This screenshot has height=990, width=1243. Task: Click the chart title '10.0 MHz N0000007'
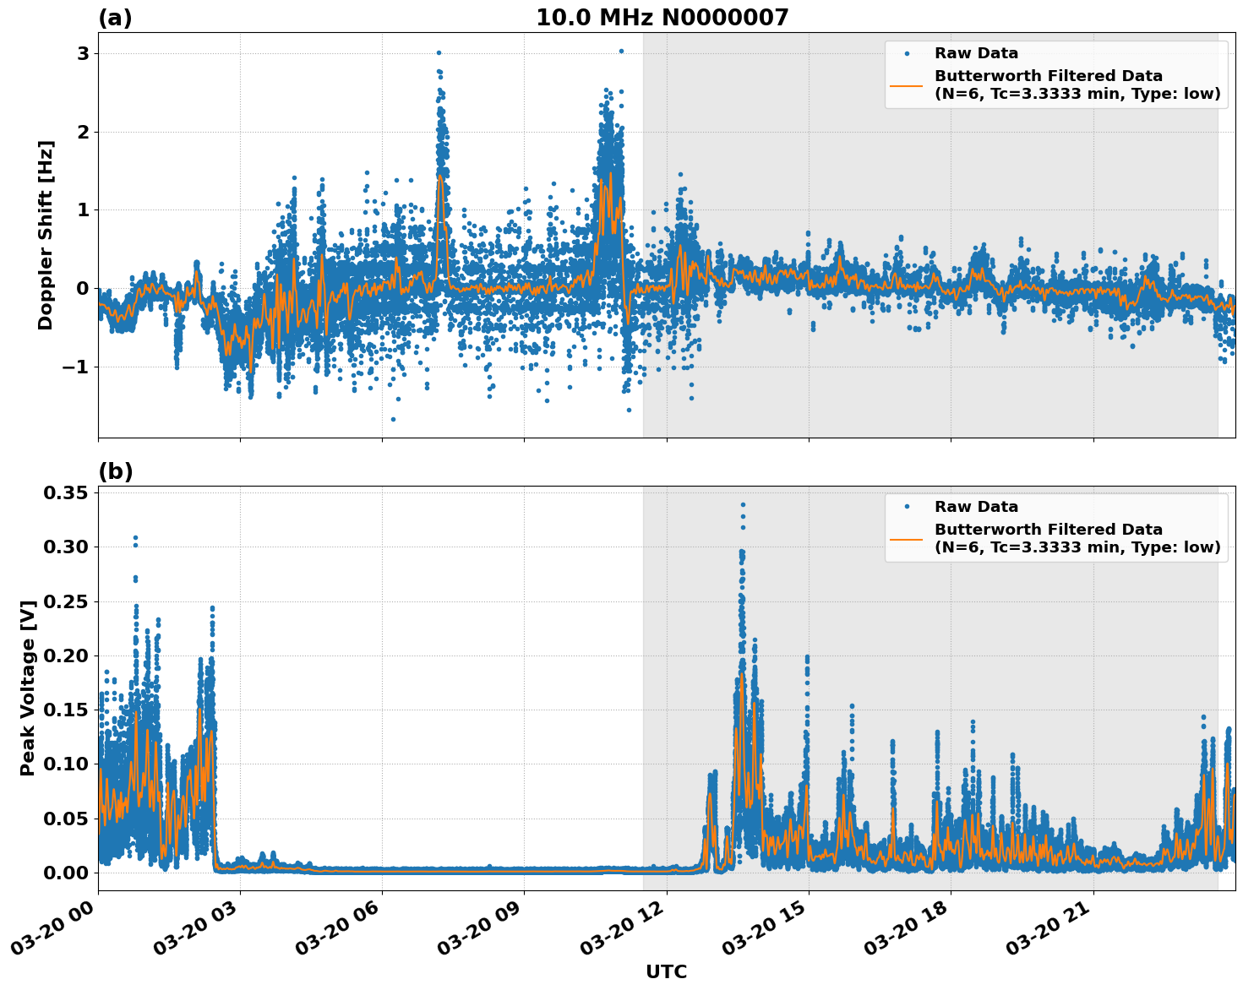tap(662, 18)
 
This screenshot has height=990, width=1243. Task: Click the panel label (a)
tap(115, 18)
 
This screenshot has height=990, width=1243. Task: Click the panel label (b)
tap(115, 471)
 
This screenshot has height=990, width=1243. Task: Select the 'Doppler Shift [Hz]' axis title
tap(46, 235)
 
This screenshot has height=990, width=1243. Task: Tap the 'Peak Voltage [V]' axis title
tap(28, 688)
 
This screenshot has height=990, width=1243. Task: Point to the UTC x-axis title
tap(666, 971)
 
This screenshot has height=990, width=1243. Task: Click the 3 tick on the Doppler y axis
tap(83, 53)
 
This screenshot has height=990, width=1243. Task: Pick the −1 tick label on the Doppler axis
tap(74, 367)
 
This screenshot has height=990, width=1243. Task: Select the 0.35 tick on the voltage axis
tap(67, 492)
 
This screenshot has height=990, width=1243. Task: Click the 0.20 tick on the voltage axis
tap(67, 655)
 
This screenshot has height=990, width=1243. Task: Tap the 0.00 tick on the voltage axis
tap(67, 873)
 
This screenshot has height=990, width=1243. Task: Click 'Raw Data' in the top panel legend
tap(976, 53)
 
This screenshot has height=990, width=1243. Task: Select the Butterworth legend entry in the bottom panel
tap(1077, 538)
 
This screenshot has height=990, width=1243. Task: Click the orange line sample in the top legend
tap(906, 84)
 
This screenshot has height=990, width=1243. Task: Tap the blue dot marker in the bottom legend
tap(907, 507)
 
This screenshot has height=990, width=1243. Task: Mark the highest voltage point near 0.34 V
tap(743, 505)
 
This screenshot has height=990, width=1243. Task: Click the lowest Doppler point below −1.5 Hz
tap(393, 419)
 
